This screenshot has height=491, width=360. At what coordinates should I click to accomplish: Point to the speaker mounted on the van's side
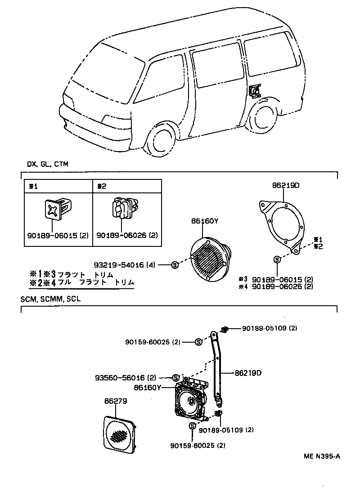click(255, 91)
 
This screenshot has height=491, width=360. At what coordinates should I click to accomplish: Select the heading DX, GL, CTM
click(47, 164)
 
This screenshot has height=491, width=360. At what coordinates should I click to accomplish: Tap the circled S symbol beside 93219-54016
click(175, 265)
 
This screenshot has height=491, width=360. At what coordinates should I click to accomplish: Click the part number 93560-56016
click(126, 377)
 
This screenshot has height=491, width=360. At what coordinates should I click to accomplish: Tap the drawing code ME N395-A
click(321, 456)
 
